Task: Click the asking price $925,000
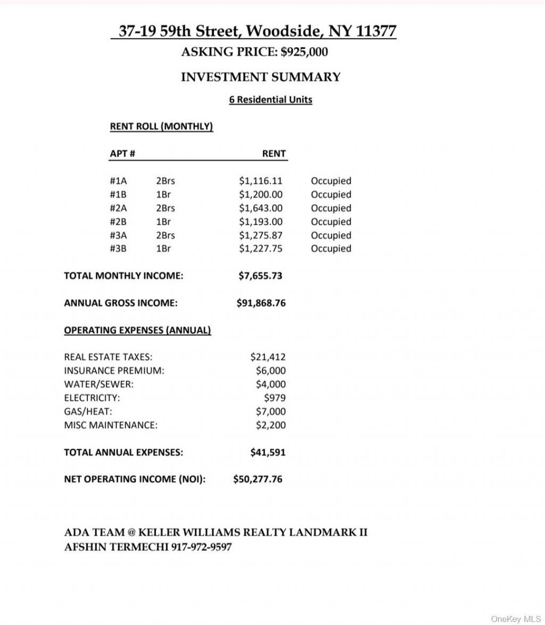(x=304, y=52)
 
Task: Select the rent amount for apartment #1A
(x=260, y=181)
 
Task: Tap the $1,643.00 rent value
(x=260, y=208)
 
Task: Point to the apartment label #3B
(x=118, y=249)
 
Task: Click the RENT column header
(x=274, y=154)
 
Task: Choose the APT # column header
(x=122, y=154)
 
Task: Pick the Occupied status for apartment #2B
(x=331, y=222)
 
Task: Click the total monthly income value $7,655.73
(x=260, y=276)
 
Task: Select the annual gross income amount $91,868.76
(x=261, y=303)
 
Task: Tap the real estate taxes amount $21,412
(x=268, y=357)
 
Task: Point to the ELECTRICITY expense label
(x=92, y=398)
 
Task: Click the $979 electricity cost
(x=275, y=398)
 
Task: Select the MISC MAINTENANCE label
(x=111, y=425)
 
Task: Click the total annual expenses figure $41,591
(x=268, y=453)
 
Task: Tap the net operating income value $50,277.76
(x=258, y=479)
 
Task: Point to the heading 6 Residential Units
(x=270, y=100)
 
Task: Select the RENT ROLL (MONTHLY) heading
(x=161, y=127)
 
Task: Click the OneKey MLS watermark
(x=516, y=619)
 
